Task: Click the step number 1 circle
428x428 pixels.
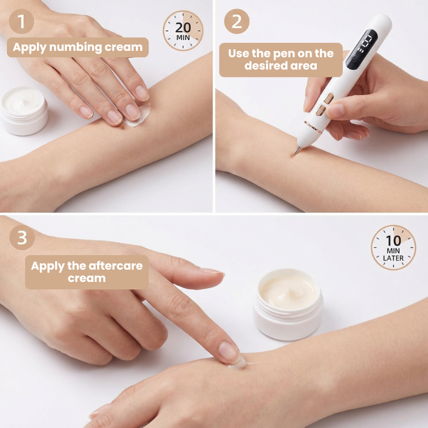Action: [21, 21]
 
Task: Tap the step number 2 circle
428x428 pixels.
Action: [236, 21]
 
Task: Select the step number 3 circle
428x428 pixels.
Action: [22, 238]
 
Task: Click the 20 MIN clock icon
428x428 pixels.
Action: [183, 30]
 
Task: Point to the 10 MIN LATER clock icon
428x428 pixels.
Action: [393, 248]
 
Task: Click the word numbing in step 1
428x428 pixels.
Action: [75, 47]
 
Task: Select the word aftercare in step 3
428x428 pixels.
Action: [116, 265]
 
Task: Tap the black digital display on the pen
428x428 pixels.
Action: [362, 49]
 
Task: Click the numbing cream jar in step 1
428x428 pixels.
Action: [24, 110]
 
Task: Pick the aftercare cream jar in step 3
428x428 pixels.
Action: [288, 304]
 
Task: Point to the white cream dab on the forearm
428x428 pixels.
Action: [139, 115]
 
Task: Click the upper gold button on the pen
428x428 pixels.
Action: [328, 98]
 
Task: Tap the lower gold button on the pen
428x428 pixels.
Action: [320, 110]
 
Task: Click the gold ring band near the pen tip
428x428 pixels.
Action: [313, 127]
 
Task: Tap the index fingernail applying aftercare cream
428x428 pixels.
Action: [230, 352]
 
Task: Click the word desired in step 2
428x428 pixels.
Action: [262, 65]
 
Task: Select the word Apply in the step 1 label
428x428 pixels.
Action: [30, 48]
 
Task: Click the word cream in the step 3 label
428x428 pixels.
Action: [87, 278]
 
